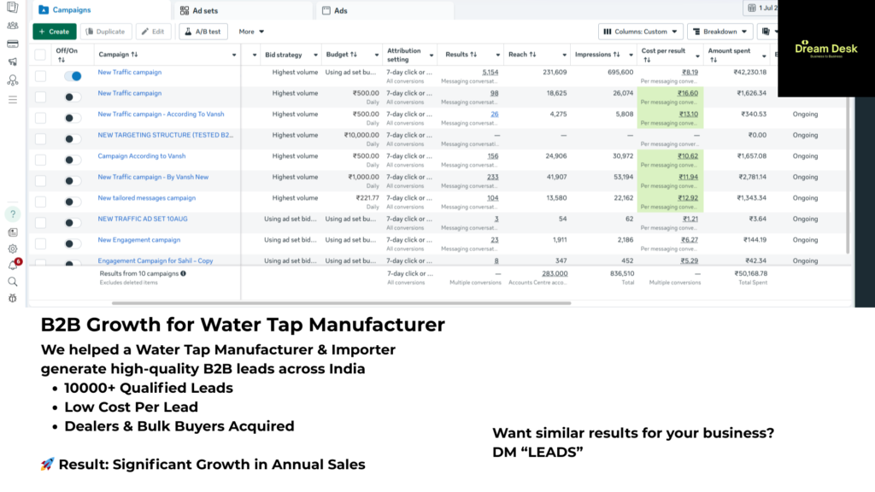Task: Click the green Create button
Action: [x=54, y=32]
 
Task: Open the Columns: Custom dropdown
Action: [x=641, y=32]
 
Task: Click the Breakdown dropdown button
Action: [x=719, y=32]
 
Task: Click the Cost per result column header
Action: [x=664, y=55]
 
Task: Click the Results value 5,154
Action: [x=490, y=73]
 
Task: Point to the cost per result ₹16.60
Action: [x=689, y=93]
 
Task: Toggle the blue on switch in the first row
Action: [x=73, y=76]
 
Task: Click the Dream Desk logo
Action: [x=825, y=49]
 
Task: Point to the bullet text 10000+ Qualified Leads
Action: [x=148, y=388]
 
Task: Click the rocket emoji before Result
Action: [x=48, y=465]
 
